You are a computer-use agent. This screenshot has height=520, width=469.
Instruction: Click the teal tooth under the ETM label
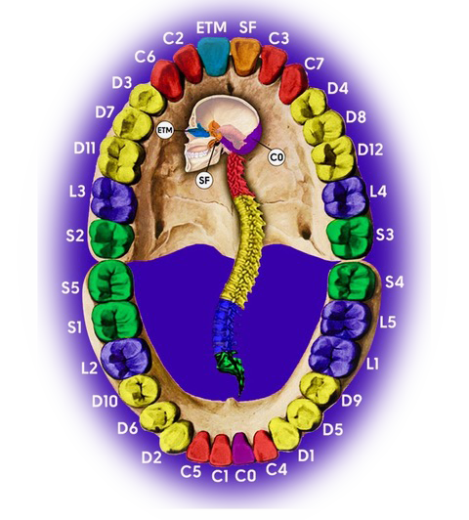pos(213,56)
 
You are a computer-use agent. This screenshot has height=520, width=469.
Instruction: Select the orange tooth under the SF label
pos(245,57)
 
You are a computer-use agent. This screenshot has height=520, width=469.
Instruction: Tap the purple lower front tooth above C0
pos(243,449)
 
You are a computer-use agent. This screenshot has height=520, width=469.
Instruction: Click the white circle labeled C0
pos(277,156)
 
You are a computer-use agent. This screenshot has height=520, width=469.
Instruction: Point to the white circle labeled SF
pos(204,180)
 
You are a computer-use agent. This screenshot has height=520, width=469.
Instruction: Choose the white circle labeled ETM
pos(165,130)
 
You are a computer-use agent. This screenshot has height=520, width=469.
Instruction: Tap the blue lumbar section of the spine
pos(226,326)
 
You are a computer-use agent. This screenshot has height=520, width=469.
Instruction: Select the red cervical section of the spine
pos(242,176)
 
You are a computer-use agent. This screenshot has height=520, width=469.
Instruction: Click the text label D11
pos(85,149)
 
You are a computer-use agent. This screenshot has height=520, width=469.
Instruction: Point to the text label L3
pos(77,192)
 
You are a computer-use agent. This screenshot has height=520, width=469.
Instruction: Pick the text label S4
pos(394,282)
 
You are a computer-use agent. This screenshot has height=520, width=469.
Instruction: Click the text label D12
pos(370,150)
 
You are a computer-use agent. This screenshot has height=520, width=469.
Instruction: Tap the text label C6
pos(145,57)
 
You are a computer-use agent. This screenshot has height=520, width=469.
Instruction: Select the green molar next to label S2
pos(111,238)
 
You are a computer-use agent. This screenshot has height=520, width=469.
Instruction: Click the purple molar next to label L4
pos(345,197)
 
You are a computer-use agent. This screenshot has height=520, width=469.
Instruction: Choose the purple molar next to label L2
pos(125,359)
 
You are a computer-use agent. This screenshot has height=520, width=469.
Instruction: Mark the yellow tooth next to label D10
pos(139,391)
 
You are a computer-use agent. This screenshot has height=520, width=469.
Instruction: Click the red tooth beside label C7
pos(293,84)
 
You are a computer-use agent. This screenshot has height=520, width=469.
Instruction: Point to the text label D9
pos(352,401)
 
